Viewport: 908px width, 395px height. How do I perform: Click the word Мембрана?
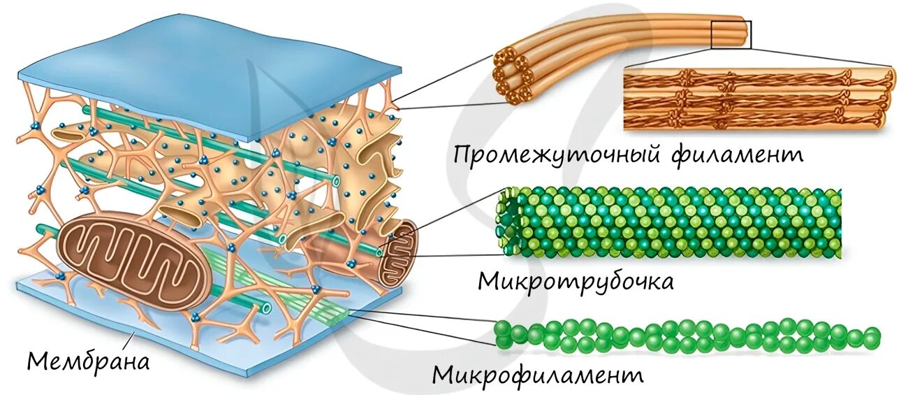point(89,361)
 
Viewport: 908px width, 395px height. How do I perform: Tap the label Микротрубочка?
point(576,281)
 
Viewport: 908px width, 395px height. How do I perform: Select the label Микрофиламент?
point(537,375)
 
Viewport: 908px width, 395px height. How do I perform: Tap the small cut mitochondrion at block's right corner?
point(397,253)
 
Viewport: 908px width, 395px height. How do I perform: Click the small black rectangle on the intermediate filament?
point(731,34)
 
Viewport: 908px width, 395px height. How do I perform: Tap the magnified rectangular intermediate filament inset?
point(758,99)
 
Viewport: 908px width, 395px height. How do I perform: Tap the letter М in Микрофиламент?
point(443,375)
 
